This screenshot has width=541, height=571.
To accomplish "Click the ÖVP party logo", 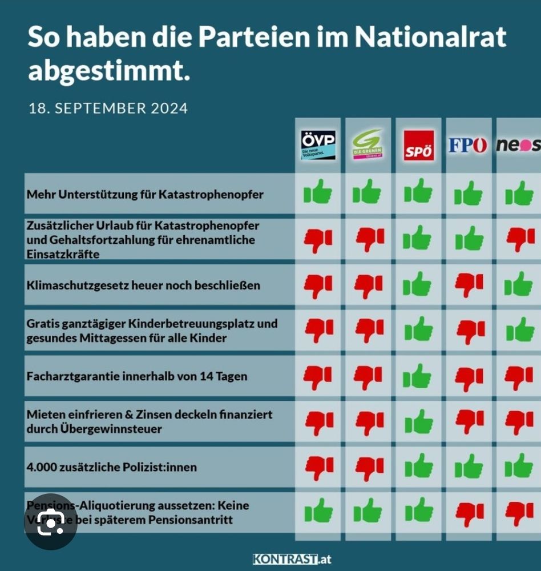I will point(318,145).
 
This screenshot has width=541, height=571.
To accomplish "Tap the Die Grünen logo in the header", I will point(367,145).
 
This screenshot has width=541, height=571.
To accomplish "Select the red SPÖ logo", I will point(418,146).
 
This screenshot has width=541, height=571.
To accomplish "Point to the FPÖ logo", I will point(468,145).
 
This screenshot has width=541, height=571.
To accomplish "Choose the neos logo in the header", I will point(518,145).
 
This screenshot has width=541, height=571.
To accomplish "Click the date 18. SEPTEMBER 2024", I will point(108,108).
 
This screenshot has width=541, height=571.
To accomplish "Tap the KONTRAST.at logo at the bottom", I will point(292,559).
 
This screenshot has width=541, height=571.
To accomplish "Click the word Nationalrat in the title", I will point(430,37).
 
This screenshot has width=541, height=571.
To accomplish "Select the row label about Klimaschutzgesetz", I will point(143,284).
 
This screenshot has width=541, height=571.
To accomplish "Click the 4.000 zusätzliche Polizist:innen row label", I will point(112,467).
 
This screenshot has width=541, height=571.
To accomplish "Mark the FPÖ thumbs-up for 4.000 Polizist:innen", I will point(469,467).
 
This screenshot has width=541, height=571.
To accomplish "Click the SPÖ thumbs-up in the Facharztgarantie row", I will point(418,376).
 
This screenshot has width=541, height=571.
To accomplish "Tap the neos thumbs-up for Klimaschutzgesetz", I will point(519,284).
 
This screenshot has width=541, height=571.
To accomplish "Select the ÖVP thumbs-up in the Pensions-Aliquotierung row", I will point(318,510).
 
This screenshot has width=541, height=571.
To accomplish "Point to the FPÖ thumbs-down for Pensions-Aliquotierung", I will point(469,513).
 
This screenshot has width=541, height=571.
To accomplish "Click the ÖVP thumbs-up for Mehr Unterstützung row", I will point(318,192).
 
